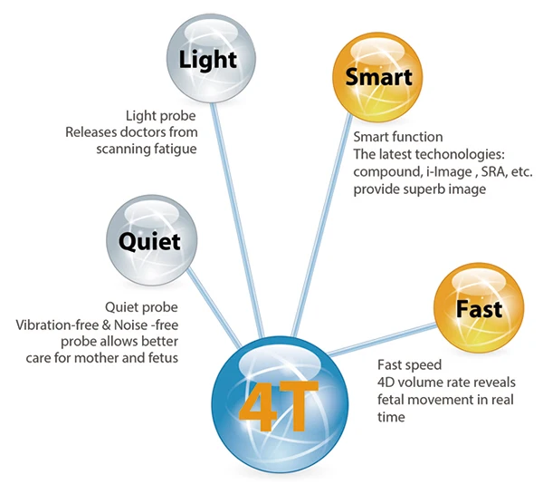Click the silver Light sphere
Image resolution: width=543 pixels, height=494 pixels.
click(207, 61)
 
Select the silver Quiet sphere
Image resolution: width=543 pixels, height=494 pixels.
click(149, 241)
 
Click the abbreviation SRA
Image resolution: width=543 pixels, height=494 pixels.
click(492, 172)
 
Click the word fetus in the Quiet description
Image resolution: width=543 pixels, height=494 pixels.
click(160, 357)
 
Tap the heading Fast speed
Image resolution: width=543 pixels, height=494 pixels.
click(409, 365)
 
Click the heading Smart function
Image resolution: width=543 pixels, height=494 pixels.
click(399, 138)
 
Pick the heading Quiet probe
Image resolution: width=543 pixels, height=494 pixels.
click(140, 306)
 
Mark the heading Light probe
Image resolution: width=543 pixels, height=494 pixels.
click(160, 115)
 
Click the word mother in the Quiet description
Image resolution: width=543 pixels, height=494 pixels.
click(92, 357)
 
